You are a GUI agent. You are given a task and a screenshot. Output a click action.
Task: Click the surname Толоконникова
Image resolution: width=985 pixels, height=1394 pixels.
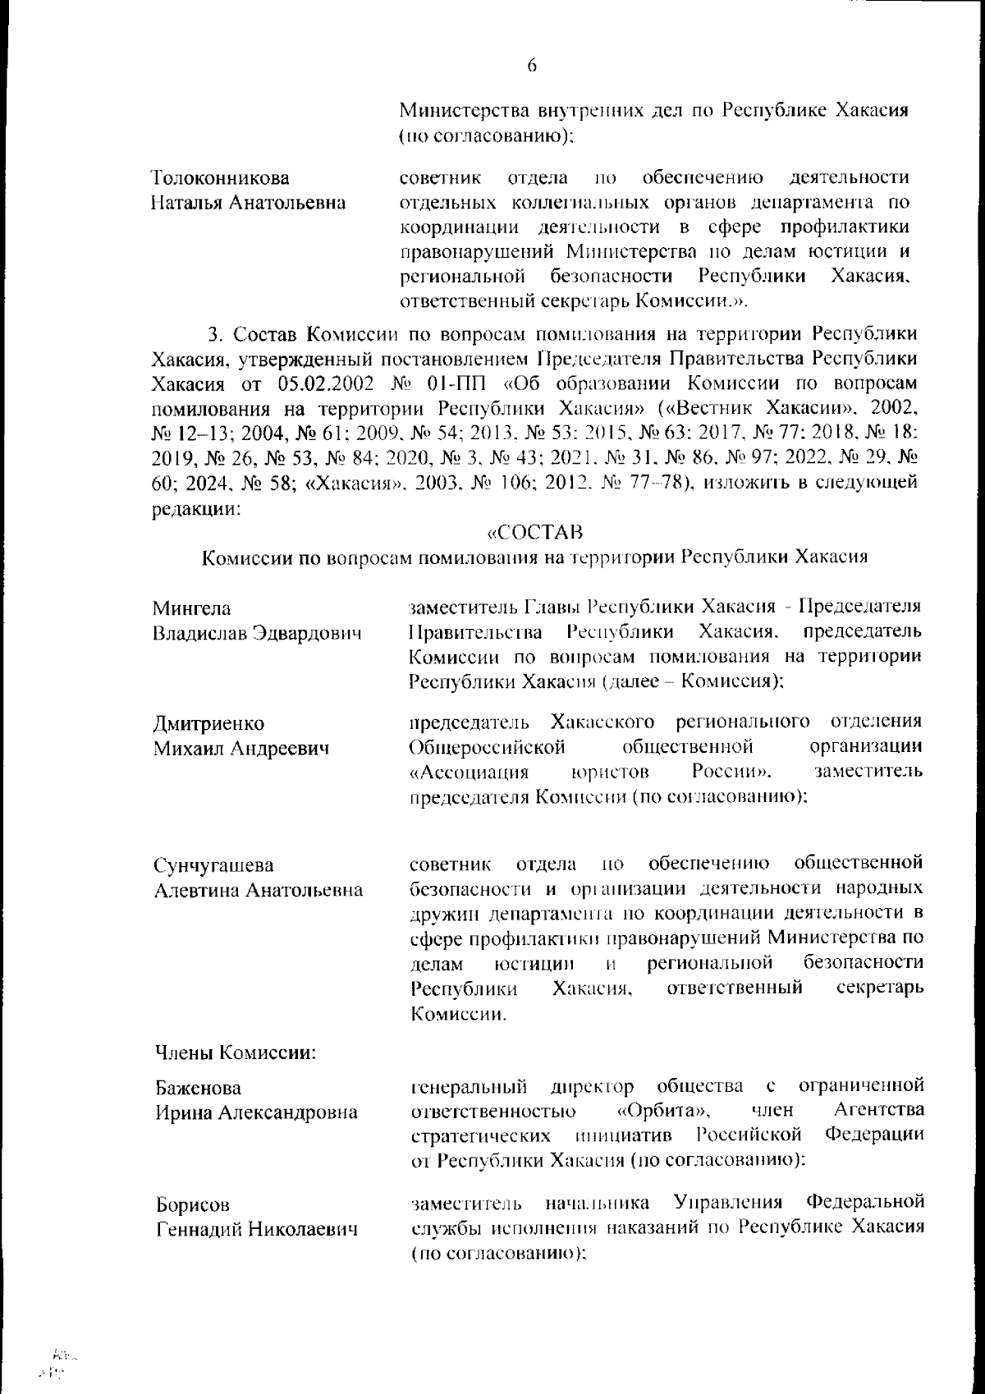click(x=221, y=178)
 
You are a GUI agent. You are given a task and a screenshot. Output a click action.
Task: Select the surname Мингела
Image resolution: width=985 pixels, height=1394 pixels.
click(x=191, y=608)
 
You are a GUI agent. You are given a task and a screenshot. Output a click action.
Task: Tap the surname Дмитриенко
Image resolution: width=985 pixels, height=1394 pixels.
click(x=208, y=723)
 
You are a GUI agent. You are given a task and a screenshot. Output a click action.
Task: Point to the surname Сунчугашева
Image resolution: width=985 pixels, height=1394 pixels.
click(x=214, y=865)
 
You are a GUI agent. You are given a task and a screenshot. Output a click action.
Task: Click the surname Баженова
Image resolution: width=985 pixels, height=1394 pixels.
click(x=198, y=1088)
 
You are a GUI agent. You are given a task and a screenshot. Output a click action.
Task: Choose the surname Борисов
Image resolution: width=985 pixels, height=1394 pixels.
click(x=193, y=1204)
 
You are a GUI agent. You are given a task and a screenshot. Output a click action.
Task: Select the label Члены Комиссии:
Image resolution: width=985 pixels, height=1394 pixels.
click(x=236, y=1052)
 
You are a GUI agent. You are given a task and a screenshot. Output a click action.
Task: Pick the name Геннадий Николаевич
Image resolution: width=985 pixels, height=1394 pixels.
click(x=257, y=1229)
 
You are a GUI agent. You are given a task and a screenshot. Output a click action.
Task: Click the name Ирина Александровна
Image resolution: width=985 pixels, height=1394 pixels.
click(x=256, y=1112)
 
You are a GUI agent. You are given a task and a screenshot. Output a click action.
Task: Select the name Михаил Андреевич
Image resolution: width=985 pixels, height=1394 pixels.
click(x=241, y=748)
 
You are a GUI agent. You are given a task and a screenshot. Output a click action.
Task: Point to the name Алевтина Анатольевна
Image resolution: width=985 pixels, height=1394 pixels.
click(x=259, y=890)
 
